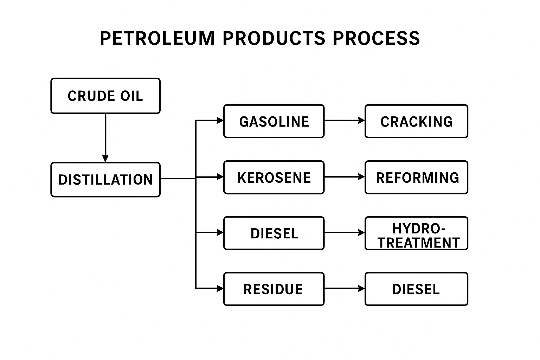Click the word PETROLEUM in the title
click(x=157, y=38)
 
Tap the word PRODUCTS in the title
click(x=274, y=38)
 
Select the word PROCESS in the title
click(x=376, y=38)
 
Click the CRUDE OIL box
click(x=105, y=96)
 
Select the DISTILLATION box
click(x=105, y=180)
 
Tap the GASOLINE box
click(x=274, y=121)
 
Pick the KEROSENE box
click(x=274, y=178)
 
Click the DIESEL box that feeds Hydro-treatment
click(x=274, y=233)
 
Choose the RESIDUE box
click(x=274, y=289)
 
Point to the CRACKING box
click(x=416, y=121)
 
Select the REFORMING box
click(x=416, y=178)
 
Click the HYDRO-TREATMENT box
click(x=416, y=233)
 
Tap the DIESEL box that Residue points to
click(x=416, y=289)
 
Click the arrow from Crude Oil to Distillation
click(x=105, y=137)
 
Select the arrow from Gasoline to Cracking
click(x=344, y=121)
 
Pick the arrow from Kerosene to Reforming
click(x=344, y=177)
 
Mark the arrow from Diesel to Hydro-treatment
click(x=344, y=232)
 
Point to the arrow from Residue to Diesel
click(x=344, y=289)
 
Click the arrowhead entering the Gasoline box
click(x=220, y=121)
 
